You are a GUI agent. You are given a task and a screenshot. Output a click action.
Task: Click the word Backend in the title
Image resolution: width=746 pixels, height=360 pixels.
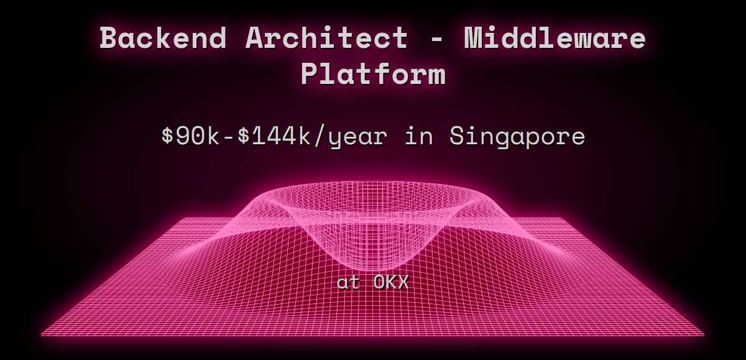[163, 39]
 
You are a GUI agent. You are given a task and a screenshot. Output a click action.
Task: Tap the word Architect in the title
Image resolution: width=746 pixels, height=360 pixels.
[326, 39]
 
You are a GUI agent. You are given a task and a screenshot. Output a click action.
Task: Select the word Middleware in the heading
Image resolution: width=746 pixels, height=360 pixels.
[555, 39]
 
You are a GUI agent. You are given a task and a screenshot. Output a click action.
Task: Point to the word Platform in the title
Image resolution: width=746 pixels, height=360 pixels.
[373, 74]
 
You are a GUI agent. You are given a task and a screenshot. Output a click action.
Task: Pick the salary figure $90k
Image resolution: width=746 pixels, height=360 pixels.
[188, 136]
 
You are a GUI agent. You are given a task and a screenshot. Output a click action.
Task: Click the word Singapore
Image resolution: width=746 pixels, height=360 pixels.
[517, 136]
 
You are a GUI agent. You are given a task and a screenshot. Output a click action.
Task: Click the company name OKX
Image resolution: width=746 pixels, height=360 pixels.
[391, 282]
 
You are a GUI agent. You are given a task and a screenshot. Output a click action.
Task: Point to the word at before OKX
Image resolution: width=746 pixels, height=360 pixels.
[348, 282]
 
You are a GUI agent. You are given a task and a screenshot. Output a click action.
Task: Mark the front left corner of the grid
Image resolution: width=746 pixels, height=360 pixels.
[42, 335]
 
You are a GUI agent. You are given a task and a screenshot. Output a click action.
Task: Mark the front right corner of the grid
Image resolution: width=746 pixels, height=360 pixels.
[704, 335]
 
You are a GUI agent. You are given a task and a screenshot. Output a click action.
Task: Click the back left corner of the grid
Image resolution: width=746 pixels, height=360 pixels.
[180, 218]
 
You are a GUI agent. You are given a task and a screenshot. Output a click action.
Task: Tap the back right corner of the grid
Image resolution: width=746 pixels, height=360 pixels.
[564, 218]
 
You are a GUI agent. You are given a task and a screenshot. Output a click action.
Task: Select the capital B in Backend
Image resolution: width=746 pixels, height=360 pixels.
[109, 39]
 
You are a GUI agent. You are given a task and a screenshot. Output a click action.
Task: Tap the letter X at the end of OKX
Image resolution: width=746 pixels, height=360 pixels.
[403, 282]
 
